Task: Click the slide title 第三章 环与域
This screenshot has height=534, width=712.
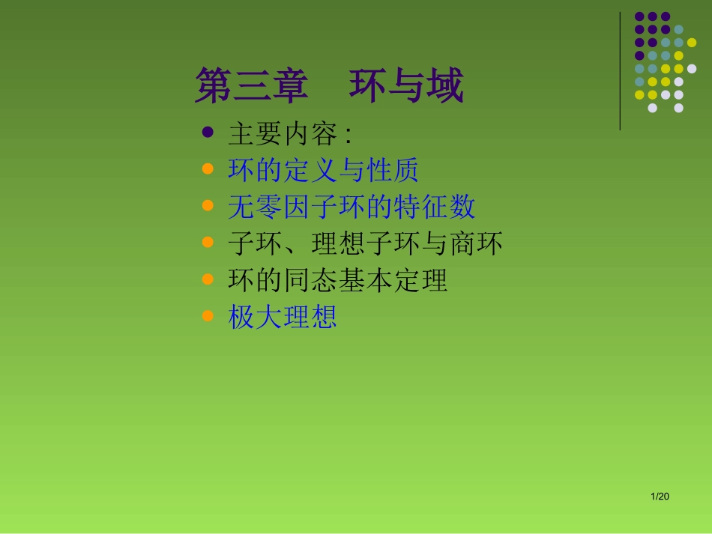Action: tap(329, 88)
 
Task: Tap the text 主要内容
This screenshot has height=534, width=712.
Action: tap(283, 135)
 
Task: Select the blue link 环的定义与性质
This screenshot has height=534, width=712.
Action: tap(323, 171)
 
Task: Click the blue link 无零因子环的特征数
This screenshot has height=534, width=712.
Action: tap(352, 207)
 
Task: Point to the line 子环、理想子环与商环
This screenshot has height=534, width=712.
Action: tap(365, 244)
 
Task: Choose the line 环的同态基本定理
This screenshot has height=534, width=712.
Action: tap(337, 281)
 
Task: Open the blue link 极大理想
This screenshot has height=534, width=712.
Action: tap(283, 318)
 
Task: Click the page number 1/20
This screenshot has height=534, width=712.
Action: tap(660, 497)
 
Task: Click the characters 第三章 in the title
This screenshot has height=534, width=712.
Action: tap(251, 88)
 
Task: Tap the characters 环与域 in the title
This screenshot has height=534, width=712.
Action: tap(406, 88)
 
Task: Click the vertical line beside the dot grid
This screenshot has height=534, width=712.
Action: tap(621, 71)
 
